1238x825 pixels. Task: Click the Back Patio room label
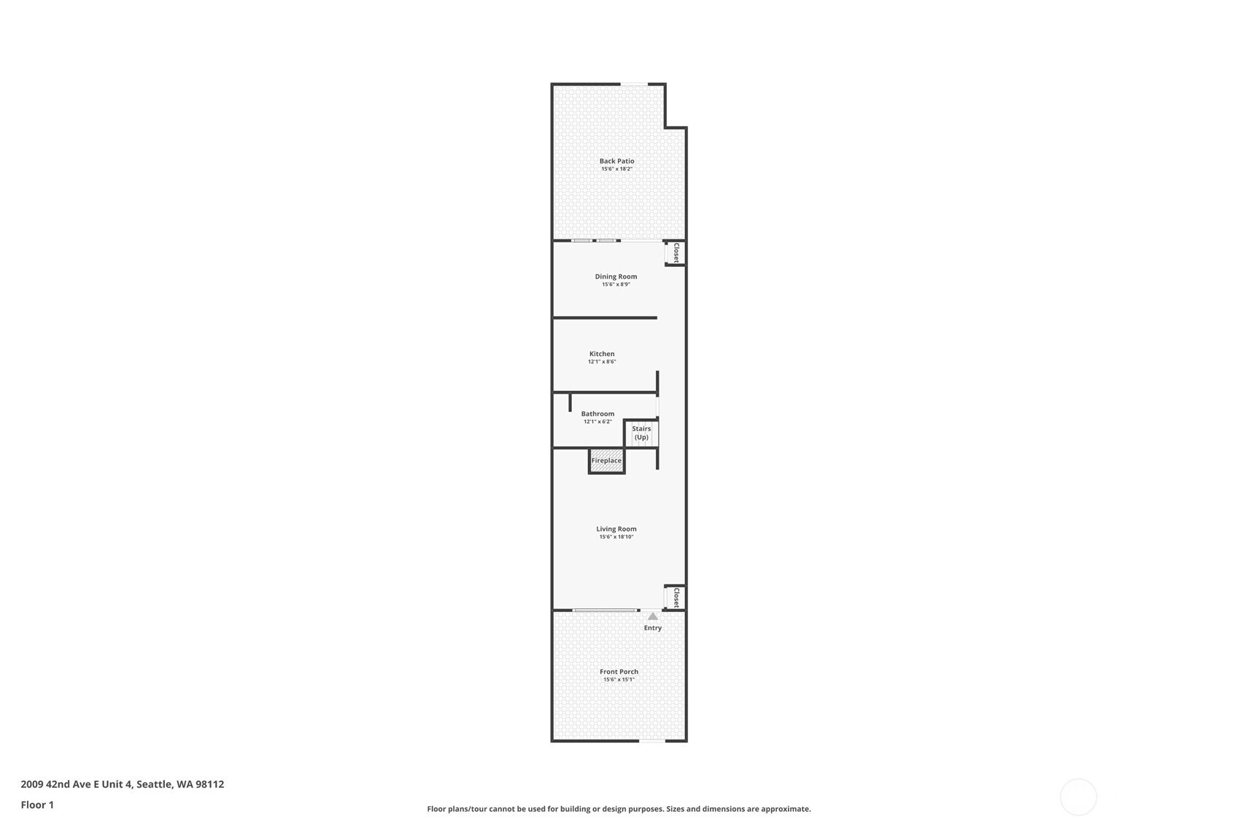(616, 161)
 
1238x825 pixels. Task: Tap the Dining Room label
(616, 277)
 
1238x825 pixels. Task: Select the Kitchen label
(602, 354)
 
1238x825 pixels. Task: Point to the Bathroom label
(597, 414)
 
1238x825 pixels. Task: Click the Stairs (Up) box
(641, 433)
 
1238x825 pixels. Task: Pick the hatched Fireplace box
(606, 461)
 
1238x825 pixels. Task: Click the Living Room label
(616, 530)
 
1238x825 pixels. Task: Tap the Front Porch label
(619, 672)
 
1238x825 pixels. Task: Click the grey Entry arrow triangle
(653, 616)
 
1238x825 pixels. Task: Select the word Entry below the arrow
(653, 628)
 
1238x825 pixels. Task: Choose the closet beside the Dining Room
(676, 253)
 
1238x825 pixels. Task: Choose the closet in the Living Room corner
(676, 598)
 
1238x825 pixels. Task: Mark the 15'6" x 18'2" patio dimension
(616, 169)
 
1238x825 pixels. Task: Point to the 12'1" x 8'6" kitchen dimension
(602, 362)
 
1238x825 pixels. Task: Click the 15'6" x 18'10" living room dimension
(616, 537)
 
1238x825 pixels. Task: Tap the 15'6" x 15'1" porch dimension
(619, 680)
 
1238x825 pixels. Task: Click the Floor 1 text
(38, 805)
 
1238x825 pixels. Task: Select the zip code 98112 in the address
(210, 784)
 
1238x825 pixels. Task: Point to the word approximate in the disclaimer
(785, 809)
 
